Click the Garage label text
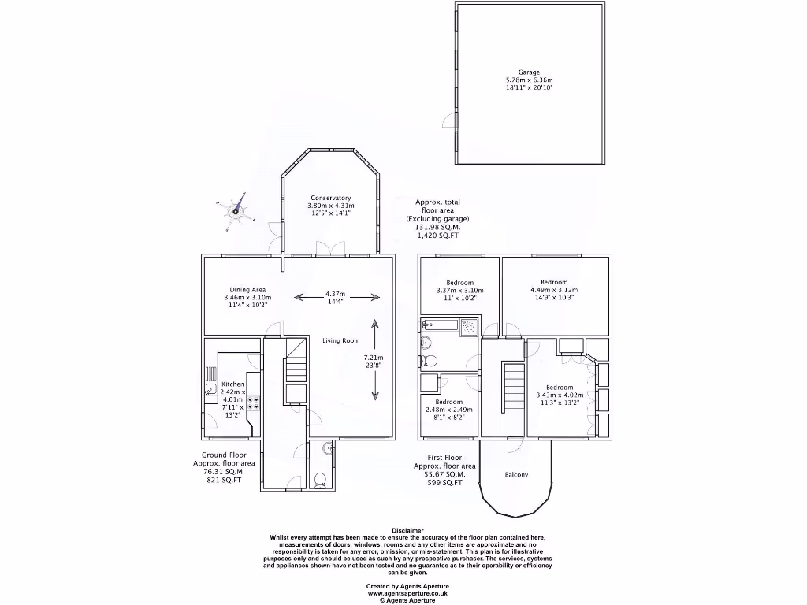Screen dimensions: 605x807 coord(529,72)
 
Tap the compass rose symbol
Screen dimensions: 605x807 coord(235,210)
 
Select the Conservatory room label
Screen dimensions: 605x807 coord(330,198)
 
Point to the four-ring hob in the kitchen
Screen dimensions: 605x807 coord(255,403)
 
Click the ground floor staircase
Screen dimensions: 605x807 coord(296,367)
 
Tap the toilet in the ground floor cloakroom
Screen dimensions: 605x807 coord(318,479)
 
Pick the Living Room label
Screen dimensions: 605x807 coord(340,340)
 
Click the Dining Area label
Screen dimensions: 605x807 coord(247,290)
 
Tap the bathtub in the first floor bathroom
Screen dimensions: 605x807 coord(440,324)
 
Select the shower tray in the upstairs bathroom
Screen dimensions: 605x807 coord(468,325)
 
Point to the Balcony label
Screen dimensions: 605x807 coord(516,475)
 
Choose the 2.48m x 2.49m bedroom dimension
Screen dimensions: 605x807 coord(448,410)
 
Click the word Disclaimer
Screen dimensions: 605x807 coord(407,530)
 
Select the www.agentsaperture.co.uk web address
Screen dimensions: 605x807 coord(407,593)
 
